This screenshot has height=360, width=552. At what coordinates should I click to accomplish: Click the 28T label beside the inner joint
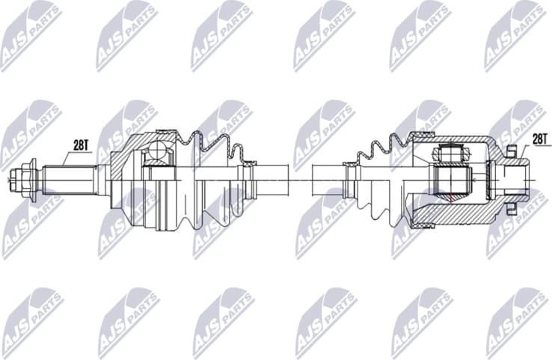(x=539, y=139)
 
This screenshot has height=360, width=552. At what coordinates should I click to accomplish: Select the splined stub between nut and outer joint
(x=67, y=180)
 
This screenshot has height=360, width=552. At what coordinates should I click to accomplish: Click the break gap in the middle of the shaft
(x=298, y=180)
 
